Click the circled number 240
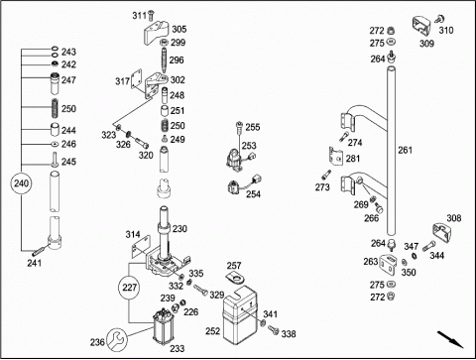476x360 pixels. click(x=22, y=183)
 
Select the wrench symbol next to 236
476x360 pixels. click(x=117, y=340)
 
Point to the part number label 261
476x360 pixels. click(x=405, y=150)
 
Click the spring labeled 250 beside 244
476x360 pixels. click(x=56, y=108)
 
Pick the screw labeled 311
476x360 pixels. click(x=152, y=15)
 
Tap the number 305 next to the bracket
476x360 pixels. click(x=179, y=29)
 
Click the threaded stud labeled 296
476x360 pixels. click(x=164, y=60)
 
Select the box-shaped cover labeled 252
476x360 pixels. click(x=240, y=314)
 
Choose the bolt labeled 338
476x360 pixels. click(x=274, y=330)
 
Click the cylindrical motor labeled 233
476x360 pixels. click(x=162, y=326)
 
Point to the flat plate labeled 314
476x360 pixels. click(x=141, y=247)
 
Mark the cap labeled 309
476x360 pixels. click(x=421, y=26)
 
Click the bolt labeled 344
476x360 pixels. click(x=428, y=246)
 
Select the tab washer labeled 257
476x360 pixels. click(x=236, y=278)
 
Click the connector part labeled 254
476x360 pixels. click(x=244, y=185)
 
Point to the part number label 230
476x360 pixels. click(x=179, y=228)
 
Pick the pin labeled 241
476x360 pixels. click(x=39, y=251)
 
